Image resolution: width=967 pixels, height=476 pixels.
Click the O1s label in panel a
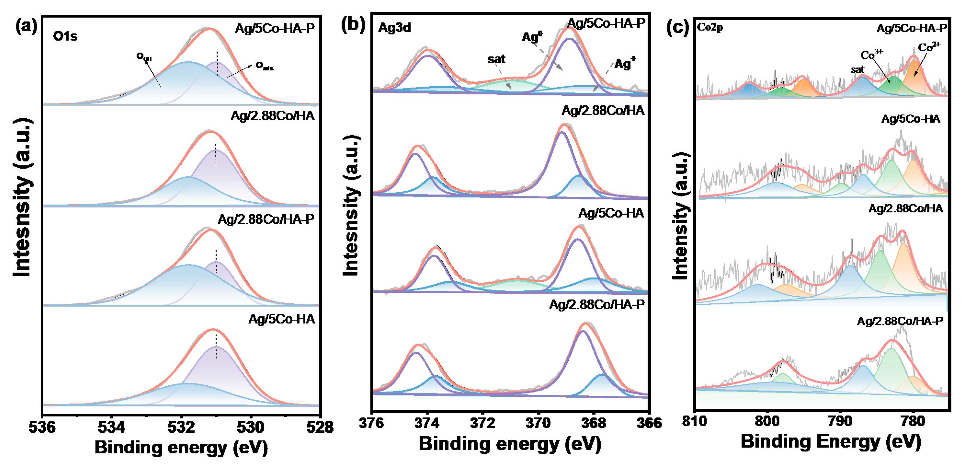click(x=65, y=36)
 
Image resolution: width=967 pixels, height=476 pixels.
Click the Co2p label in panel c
click(x=710, y=27)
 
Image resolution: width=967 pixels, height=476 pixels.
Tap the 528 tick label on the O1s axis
click(x=319, y=427)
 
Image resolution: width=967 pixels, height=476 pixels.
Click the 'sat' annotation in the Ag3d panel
click(x=496, y=59)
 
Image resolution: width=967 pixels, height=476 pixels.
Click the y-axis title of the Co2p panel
click(x=681, y=216)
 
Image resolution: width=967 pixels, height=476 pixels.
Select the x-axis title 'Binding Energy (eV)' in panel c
click(x=831, y=441)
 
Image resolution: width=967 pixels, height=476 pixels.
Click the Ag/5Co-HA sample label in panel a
click(x=281, y=319)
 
